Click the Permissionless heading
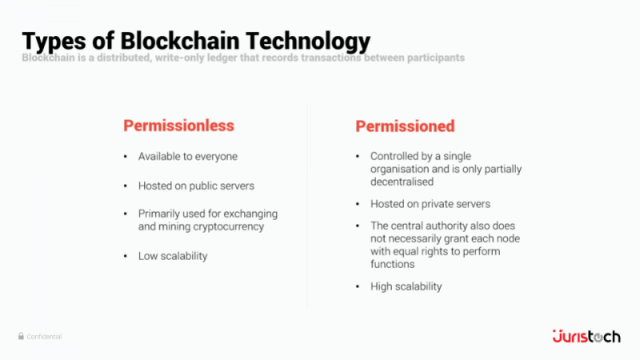coord(178,126)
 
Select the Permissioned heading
coord(405,126)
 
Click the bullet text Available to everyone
coord(188,157)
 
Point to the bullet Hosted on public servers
coord(196,186)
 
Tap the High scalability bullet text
coord(406,286)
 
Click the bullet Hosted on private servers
coord(430,204)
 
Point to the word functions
coord(392,264)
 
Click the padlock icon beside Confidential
coord(21,337)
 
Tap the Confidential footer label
coord(45,337)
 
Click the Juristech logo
coord(586,336)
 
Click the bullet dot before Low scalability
coord(125,256)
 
